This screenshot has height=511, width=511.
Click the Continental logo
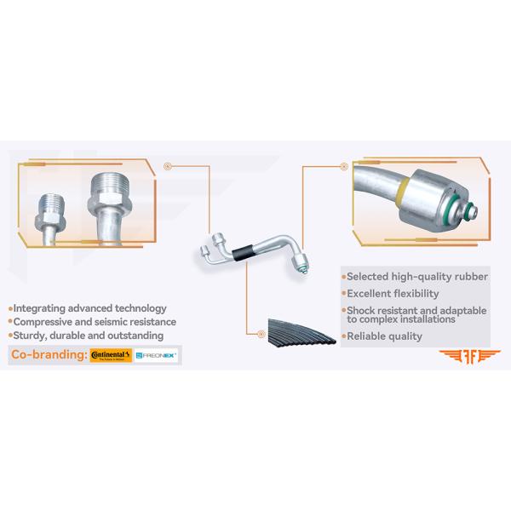pyautogui.click(x=111, y=354)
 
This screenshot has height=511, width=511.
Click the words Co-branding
pyautogui.click(x=48, y=354)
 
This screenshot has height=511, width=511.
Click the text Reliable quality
pyautogui.click(x=384, y=336)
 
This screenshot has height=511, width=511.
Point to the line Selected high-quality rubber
pyautogui.click(x=416, y=277)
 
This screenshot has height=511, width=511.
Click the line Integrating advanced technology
pyautogui.click(x=89, y=308)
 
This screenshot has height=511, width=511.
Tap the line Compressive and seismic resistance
pyautogui.click(x=95, y=322)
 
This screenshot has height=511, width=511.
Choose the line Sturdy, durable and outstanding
pyautogui.click(x=88, y=336)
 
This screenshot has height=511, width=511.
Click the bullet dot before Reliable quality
pyautogui.click(x=342, y=336)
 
